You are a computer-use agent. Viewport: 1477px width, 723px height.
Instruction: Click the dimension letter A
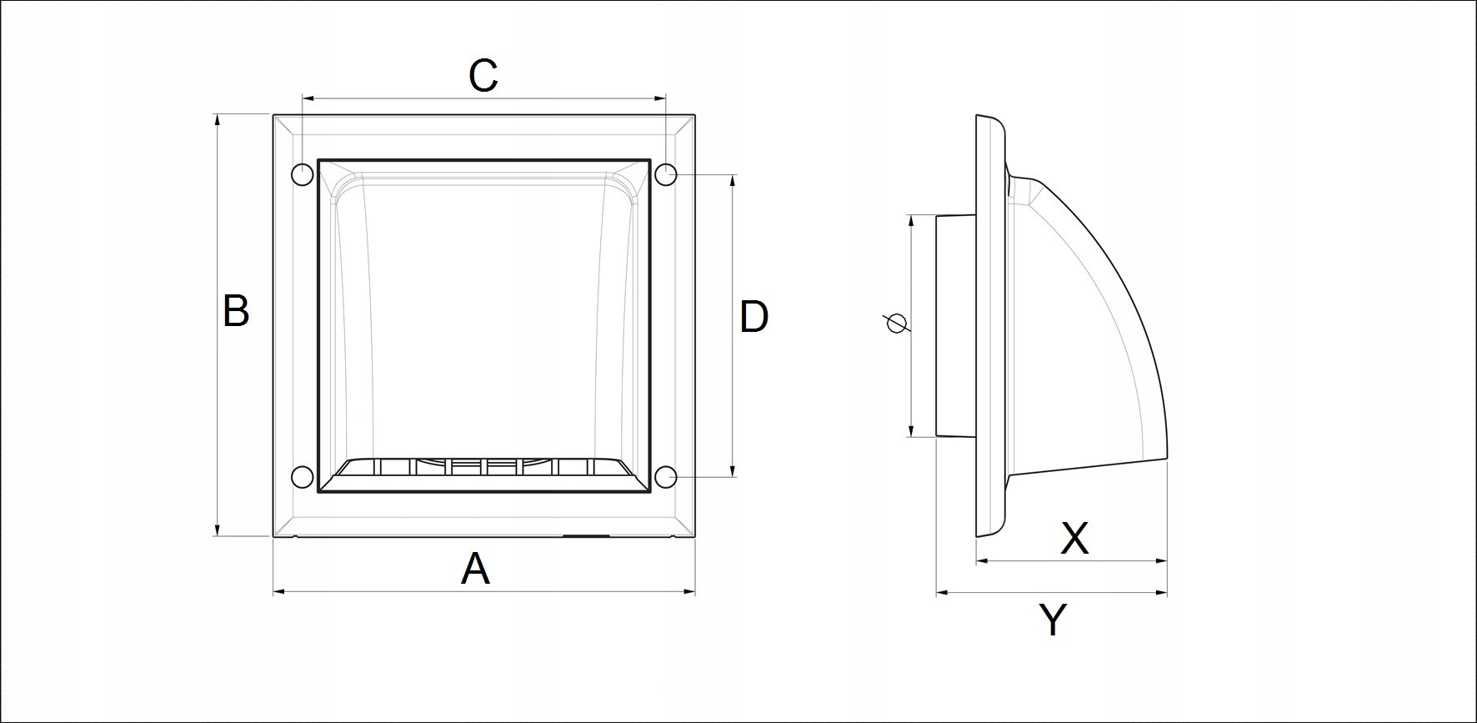475,570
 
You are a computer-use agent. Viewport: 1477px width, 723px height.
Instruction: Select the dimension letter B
236,311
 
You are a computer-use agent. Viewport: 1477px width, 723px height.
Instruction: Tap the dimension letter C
483,75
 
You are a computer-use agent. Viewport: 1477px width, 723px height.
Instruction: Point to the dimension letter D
754,317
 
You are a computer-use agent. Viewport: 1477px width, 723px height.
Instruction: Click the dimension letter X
1074,539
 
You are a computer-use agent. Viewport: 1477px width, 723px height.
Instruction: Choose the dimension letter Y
1054,620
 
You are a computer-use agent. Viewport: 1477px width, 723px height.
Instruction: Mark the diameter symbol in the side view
897,323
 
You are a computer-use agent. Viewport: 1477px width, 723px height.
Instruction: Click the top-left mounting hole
302,174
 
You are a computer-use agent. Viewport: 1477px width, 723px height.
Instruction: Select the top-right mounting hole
665,174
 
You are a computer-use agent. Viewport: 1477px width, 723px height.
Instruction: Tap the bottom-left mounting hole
302,477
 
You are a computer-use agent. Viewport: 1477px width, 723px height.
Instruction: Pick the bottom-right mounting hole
665,477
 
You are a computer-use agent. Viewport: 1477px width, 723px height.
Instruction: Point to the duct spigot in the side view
956,325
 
